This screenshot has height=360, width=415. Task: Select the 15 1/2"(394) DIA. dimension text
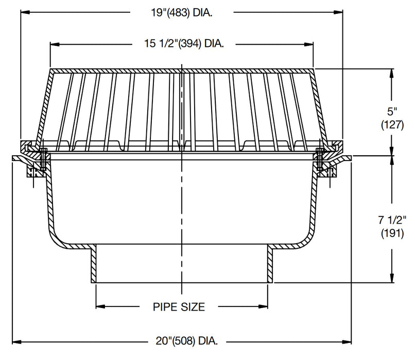181,44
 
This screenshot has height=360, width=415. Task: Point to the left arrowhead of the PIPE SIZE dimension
99,308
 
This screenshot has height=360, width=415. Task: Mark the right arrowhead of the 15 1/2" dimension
310,44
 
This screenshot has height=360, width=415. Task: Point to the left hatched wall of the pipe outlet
94,265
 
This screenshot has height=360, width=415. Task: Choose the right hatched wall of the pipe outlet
270,265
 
